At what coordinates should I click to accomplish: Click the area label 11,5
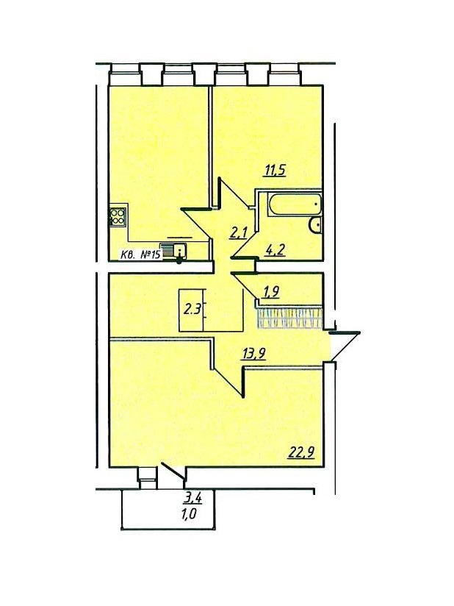[275, 170]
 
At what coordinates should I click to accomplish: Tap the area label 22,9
[301, 452]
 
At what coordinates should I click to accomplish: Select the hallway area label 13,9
[253, 353]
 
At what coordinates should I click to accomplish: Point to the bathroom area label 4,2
[275, 249]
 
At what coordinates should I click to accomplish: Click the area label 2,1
[239, 234]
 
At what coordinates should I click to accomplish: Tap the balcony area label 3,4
[192, 499]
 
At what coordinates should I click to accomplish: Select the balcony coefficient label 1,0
[192, 515]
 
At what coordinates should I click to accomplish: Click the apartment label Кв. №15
[140, 254]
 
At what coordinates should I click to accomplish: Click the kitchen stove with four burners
[118, 217]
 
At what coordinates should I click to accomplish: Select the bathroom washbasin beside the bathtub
[316, 225]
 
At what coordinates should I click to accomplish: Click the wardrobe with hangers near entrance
[289, 318]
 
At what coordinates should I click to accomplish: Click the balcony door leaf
[173, 471]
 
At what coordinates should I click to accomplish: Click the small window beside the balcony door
[147, 477]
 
